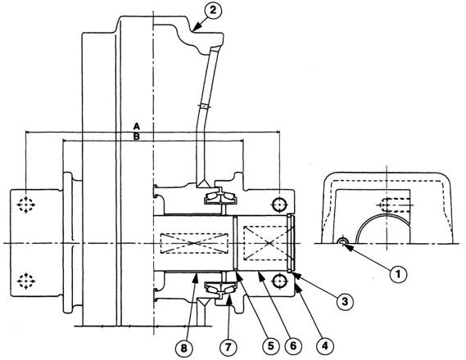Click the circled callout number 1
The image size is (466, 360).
[x=398, y=273]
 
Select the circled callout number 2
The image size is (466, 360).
[x=213, y=11]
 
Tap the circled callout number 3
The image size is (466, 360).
[x=345, y=302]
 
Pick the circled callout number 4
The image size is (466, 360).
[x=325, y=345]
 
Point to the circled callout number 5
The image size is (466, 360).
[x=271, y=345]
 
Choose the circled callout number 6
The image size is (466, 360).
[x=293, y=345]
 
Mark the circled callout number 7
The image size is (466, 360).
[x=228, y=347]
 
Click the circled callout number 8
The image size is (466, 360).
[x=184, y=348]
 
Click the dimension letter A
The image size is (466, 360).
[x=137, y=126]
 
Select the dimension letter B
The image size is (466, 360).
[x=137, y=137]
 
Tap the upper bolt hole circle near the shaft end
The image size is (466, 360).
[x=279, y=205]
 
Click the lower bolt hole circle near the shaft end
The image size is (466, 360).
[x=279, y=281]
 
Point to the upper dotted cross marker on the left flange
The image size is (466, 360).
[x=26, y=205]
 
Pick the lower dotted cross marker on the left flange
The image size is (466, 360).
[x=26, y=281]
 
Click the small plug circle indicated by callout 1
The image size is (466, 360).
[x=342, y=242]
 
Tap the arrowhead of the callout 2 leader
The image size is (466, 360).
[x=195, y=29]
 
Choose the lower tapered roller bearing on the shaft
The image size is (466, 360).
[x=220, y=290]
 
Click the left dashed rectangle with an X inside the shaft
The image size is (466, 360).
[x=193, y=243]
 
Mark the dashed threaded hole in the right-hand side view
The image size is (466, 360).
[x=396, y=205]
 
